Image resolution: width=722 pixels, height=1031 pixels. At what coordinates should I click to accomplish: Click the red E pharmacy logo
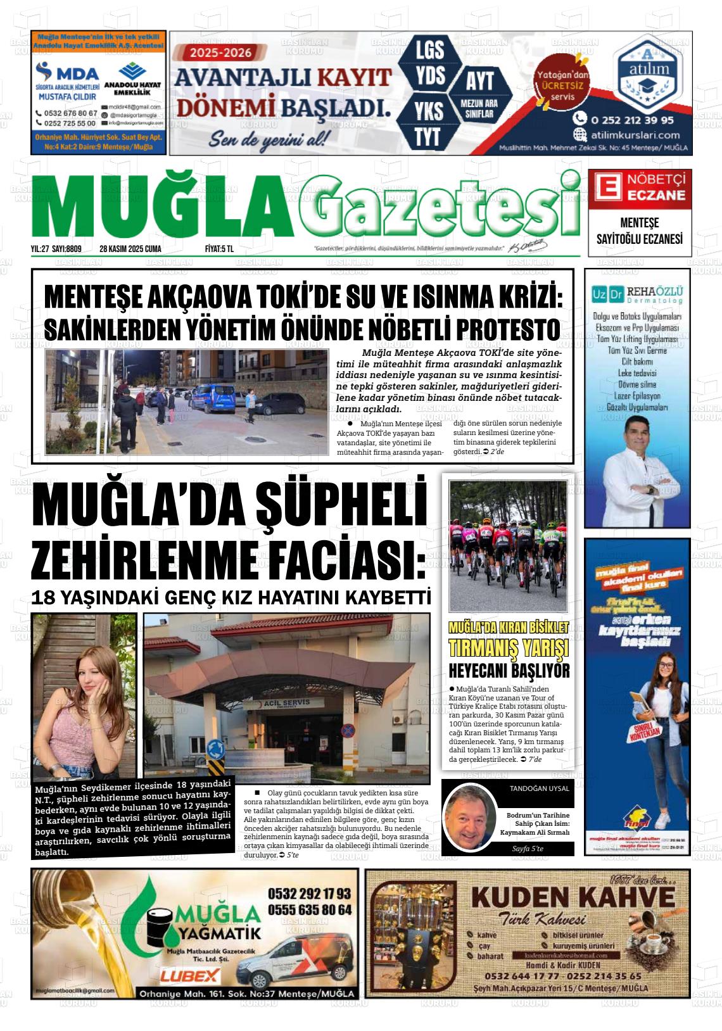tap(605, 186)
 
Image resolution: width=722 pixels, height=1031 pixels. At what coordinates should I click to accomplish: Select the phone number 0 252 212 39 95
tap(631, 119)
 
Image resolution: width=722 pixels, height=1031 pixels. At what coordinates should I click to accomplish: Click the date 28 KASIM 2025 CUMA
tap(130, 249)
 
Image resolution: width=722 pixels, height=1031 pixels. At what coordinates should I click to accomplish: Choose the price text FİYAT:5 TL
tap(220, 249)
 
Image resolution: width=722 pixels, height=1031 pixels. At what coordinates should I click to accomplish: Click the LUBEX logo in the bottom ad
tap(190, 976)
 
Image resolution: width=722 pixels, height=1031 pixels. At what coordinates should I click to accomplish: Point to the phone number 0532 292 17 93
tap(309, 894)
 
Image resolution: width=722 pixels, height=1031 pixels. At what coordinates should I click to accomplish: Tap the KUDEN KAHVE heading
tap(573, 897)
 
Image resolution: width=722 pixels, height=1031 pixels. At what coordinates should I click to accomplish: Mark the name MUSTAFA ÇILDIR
tap(68, 97)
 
